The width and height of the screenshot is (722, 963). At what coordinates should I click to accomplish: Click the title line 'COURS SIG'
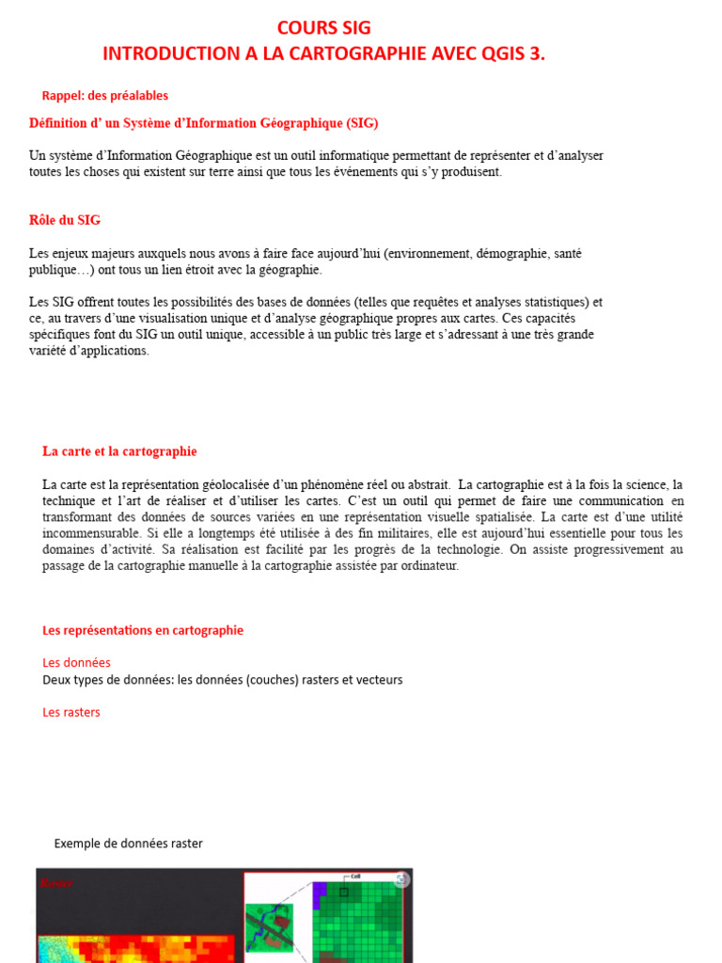coord(323,28)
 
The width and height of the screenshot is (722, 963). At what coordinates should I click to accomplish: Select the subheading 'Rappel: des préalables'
coord(105,96)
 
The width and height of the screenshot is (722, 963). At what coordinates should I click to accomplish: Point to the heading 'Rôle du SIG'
coord(65,220)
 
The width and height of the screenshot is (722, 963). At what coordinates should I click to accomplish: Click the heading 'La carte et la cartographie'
coord(119,451)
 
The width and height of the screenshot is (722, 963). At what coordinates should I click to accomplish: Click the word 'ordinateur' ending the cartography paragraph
coord(429,566)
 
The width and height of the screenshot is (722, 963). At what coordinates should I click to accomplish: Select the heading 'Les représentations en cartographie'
coord(143,630)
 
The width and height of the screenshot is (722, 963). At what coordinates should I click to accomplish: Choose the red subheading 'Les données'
coord(77,662)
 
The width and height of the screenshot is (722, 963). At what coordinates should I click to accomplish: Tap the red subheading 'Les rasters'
coord(71,712)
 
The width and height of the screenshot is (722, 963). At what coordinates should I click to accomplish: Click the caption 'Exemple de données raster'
coord(128,844)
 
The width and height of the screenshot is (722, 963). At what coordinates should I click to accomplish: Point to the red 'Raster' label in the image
coord(56,883)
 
